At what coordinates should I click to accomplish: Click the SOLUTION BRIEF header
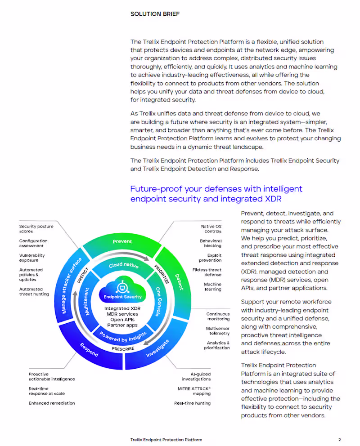click(x=155, y=14)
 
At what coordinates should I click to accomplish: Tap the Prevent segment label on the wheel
click(x=122, y=241)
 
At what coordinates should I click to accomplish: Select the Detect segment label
click(x=179, y=282)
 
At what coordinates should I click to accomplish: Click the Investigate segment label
click(x=157, y=348)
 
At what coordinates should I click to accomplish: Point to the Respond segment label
click(x=89, y=350)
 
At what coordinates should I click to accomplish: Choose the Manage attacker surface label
click(x=72, y=285)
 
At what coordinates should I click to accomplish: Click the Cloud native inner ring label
click(x=123, y=265)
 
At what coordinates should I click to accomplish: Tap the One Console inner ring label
click(x=158, y=302)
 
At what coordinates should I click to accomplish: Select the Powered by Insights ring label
click(x=123, y=337)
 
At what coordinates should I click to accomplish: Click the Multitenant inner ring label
click(x=87, y=302)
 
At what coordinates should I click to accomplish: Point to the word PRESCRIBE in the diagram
click(x=123, y=349)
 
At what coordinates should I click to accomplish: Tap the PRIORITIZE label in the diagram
click(x=162, y=274)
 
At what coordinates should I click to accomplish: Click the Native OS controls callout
click(x=211, y=229)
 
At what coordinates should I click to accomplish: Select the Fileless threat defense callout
click(x=207, y=272)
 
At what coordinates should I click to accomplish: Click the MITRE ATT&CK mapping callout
click(x=194, y=391)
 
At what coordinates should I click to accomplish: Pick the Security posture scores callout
click(x=36, y=229)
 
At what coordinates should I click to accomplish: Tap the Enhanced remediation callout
click(x=52, y=403)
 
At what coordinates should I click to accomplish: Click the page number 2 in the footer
click(x=339, y=440)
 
